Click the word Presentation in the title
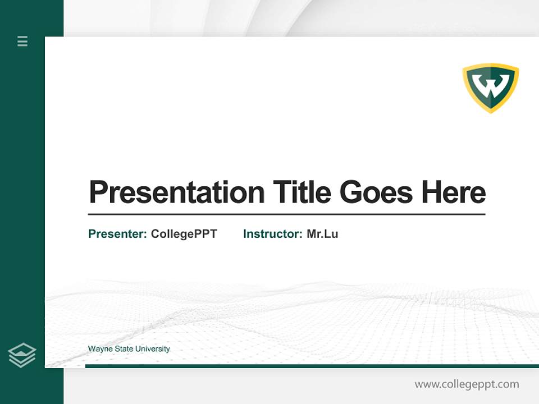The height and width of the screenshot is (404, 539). tap(177, 192)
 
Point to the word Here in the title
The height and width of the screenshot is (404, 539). tap(454, 192)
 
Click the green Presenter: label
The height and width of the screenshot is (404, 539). tap(118, 234)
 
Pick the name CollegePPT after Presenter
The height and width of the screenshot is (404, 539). tap(184, 234)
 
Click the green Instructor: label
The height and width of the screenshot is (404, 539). tap(273, 234)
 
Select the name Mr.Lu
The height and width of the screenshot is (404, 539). tap(322, 234)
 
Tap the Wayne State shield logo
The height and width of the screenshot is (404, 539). tap(490, 88)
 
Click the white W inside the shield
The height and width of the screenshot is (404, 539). tap(490, 85)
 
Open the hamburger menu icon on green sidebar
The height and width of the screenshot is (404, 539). tap(22, 41)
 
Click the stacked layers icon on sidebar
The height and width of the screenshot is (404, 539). tap(22, 355)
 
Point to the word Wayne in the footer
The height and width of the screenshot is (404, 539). tap(100, 349)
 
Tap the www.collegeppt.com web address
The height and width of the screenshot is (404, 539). tap(467, 384)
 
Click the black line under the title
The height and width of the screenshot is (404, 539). tap(286, 214)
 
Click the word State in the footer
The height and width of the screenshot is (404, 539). tap(124, 349)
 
